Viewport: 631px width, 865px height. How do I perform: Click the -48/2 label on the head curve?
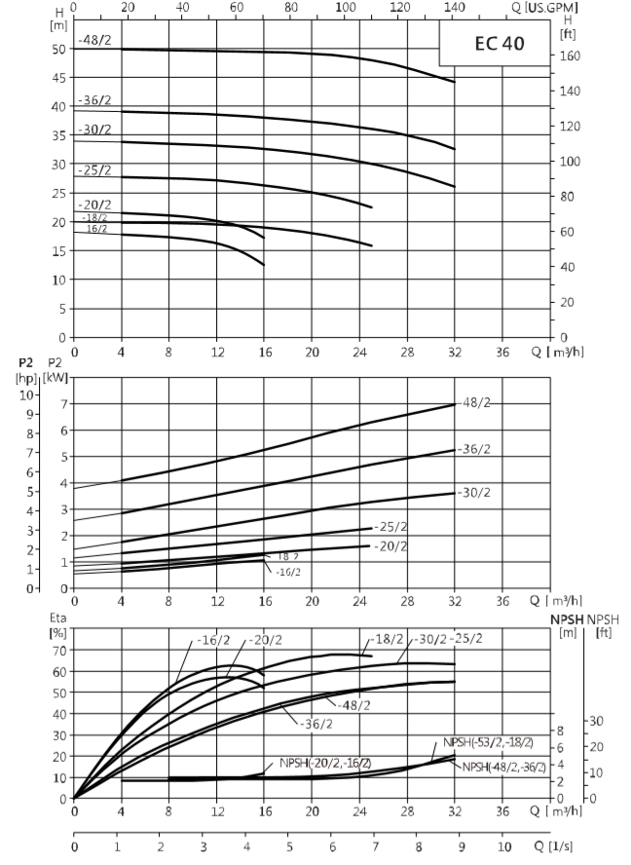94,40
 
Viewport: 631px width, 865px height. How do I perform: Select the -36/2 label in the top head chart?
94,100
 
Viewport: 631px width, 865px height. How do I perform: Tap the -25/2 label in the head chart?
94,169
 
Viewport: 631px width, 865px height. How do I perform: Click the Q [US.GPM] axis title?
545,7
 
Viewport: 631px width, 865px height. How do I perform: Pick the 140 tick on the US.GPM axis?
455,7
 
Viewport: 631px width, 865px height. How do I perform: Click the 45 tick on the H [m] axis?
58,78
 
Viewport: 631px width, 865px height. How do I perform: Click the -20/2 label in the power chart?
391,546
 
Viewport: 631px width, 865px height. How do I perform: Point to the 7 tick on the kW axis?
63,404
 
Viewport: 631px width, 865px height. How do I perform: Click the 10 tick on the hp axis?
26,395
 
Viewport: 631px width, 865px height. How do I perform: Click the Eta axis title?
57,618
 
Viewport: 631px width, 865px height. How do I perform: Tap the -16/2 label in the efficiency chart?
213,641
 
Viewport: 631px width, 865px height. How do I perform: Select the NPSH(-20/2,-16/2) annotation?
325,763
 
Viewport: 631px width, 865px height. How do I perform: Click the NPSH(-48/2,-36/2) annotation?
504,767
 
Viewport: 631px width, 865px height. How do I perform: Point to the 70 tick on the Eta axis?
59,651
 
